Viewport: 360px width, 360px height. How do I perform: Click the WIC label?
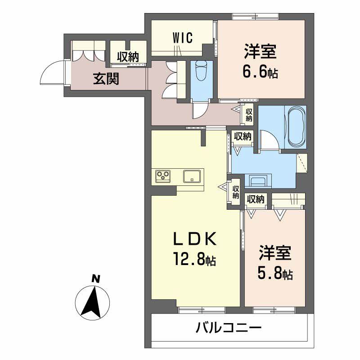click(182, 39)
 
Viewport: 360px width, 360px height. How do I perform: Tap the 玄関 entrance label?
click(106, 79)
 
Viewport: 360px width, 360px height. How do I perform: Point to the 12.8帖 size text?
click(194, 260)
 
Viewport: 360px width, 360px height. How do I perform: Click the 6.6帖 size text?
click(261, 71)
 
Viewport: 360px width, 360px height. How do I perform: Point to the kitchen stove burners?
click(162, 175)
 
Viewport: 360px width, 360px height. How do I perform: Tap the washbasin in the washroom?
click(259, 182)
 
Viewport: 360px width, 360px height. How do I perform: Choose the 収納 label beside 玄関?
click(128, 57)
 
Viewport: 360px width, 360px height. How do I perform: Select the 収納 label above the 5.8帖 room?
click(256, 199)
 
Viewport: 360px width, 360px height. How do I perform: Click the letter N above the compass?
click(95, 279)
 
